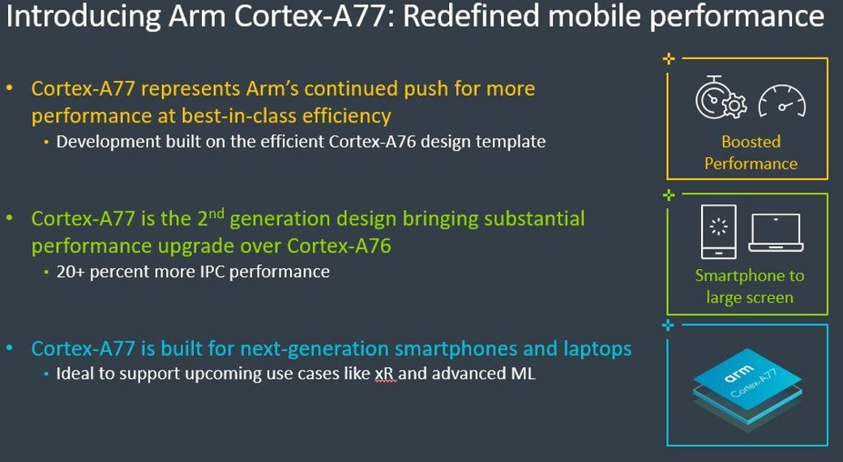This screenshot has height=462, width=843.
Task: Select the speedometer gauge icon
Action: coord(781,101)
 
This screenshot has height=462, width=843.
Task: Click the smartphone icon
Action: coord(719,232)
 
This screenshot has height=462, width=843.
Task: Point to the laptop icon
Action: coord(776,233)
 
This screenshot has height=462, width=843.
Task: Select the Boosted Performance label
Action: coord(751,152)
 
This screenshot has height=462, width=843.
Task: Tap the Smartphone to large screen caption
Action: coord(750,286)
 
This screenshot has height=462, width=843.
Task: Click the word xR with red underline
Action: coord(385,374)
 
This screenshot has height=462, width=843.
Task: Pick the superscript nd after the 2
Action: coord(216,213)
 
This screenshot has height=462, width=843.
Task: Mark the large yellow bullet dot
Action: coord(10,87)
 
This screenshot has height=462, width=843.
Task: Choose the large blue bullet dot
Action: coord(10,348)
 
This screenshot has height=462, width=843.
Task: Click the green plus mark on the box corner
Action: coord(668,195)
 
